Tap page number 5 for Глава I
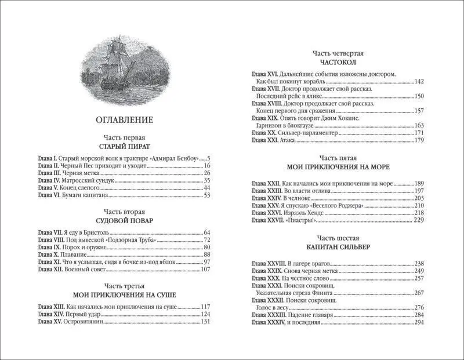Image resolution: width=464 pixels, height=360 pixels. click(208, 158)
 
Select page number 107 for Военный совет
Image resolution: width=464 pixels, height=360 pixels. click(204, 270)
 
